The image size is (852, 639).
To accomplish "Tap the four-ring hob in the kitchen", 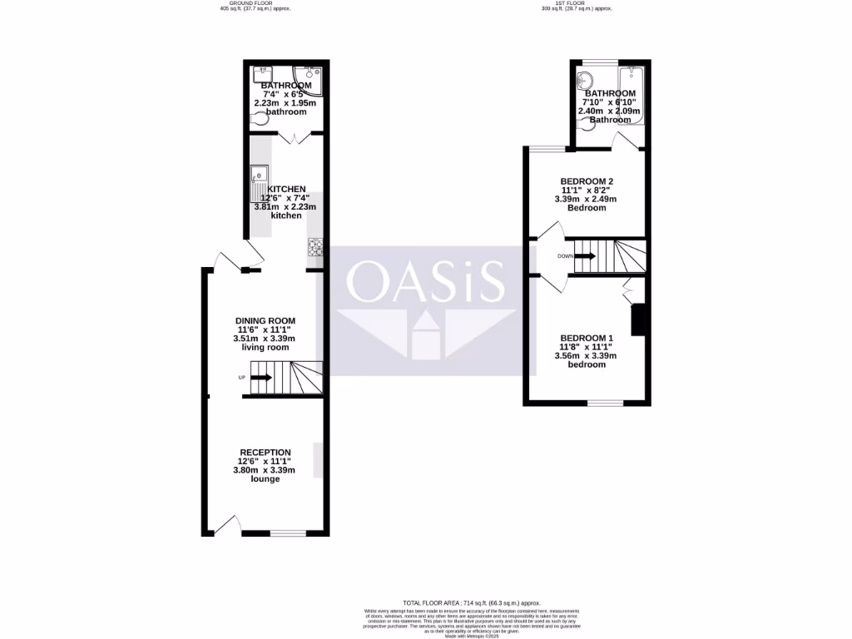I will click(x=315, y=246).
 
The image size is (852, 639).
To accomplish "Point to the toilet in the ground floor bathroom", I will click(x=260, y=120).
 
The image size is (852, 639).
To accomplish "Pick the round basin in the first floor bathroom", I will click(x=585, y=81).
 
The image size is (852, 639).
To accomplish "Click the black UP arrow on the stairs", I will click(x=260, y=378).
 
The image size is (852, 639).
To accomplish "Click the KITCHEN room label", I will click(x=286, y=189).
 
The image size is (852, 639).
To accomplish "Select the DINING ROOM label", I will click(x=265, y=320).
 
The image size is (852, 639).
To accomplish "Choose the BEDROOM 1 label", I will click(x=587, y=338).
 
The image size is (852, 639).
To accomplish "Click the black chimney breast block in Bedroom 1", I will click(x=639, y=320).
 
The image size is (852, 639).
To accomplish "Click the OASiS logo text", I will click(x=426, y=282).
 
